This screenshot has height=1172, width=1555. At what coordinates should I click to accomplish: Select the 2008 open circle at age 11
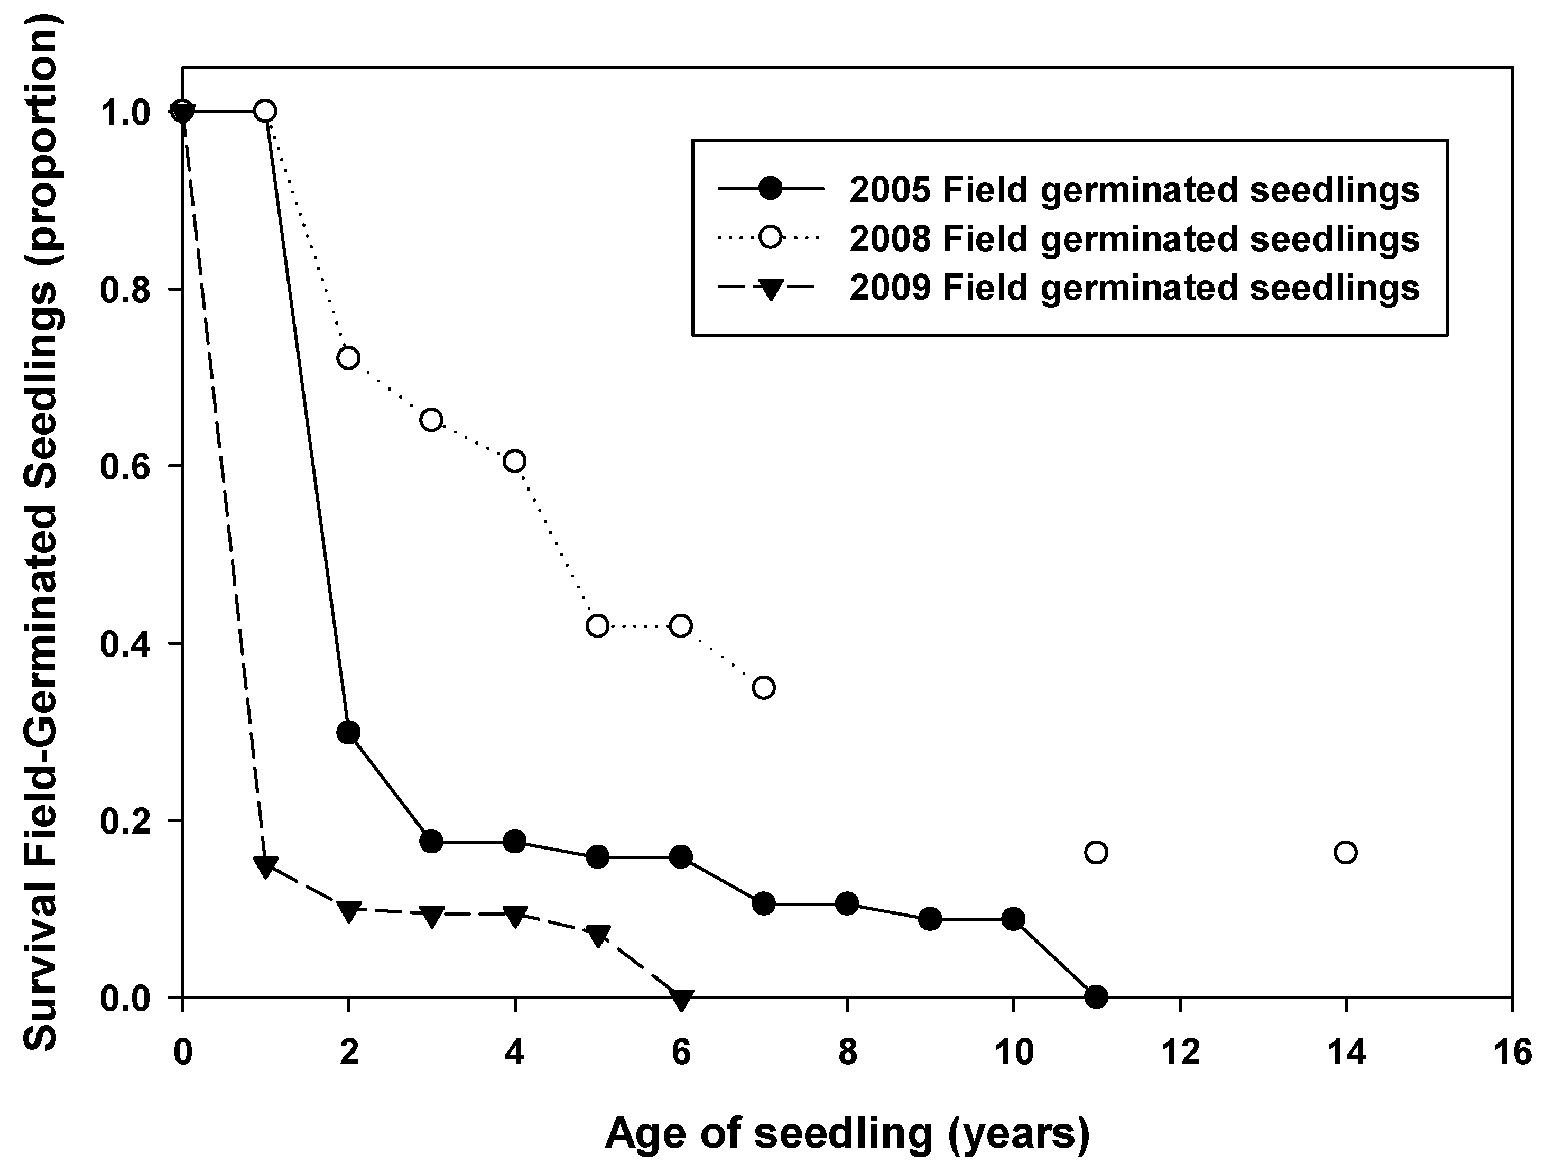[x=1096, y=852]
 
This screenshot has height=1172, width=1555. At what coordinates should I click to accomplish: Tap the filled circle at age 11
[x=1096, y=996]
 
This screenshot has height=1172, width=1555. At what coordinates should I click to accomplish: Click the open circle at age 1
[x=265, y=111]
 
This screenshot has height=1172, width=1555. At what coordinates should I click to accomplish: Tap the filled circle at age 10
[x=1013, y=919]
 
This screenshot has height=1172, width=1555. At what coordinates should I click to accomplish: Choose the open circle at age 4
[x=515, y=461]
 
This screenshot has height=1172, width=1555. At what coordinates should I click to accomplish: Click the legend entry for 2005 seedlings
[x=1134, y=190]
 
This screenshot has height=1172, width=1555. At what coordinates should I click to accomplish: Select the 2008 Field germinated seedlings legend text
[x=1134, y=239]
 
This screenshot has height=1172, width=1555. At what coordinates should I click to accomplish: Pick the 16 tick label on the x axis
[x=1512, y=1053]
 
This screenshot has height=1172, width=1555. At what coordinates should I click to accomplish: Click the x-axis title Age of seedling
[x=847, y=1133]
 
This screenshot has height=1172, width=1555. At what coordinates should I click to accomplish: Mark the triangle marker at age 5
[x=598, y=936]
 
